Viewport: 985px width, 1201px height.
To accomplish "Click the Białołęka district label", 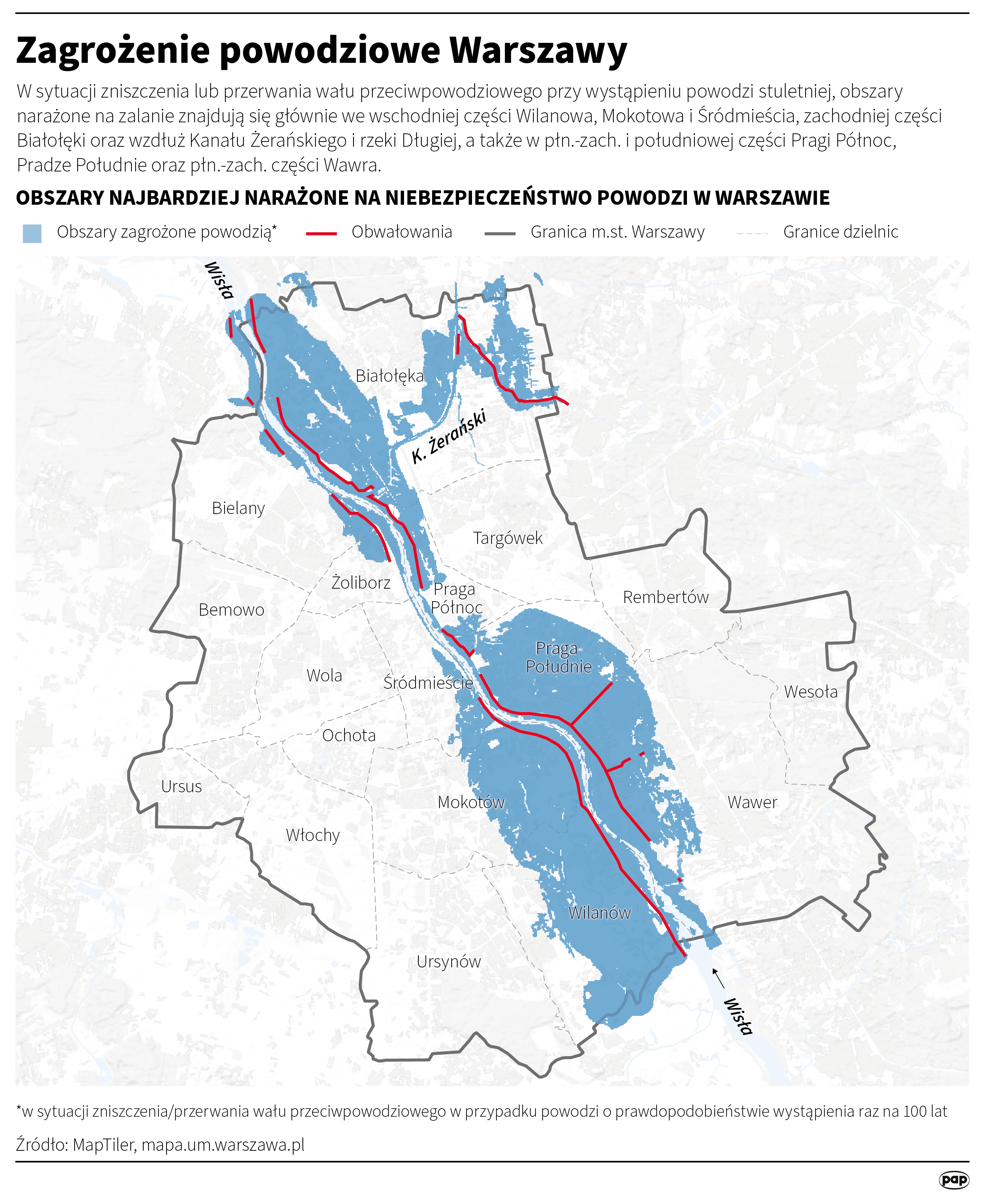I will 389,376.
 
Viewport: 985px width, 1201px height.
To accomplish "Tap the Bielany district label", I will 238,508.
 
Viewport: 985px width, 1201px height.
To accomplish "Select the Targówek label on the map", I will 508,538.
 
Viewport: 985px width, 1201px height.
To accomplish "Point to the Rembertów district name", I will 666,597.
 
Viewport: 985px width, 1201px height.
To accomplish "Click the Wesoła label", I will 810,692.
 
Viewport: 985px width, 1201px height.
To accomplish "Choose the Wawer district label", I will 752,803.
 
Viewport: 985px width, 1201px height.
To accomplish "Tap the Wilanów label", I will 599,913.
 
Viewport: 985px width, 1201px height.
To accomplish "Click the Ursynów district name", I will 448,962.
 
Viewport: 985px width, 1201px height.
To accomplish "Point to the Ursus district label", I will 182,787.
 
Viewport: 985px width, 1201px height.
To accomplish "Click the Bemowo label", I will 232,610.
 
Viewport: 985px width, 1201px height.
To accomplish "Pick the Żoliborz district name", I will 361,583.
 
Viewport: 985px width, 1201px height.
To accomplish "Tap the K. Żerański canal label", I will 448,436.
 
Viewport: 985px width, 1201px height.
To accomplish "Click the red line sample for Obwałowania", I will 322,233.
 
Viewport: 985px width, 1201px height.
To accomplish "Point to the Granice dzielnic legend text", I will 840,232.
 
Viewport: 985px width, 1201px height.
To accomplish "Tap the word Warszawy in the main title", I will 538,51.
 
